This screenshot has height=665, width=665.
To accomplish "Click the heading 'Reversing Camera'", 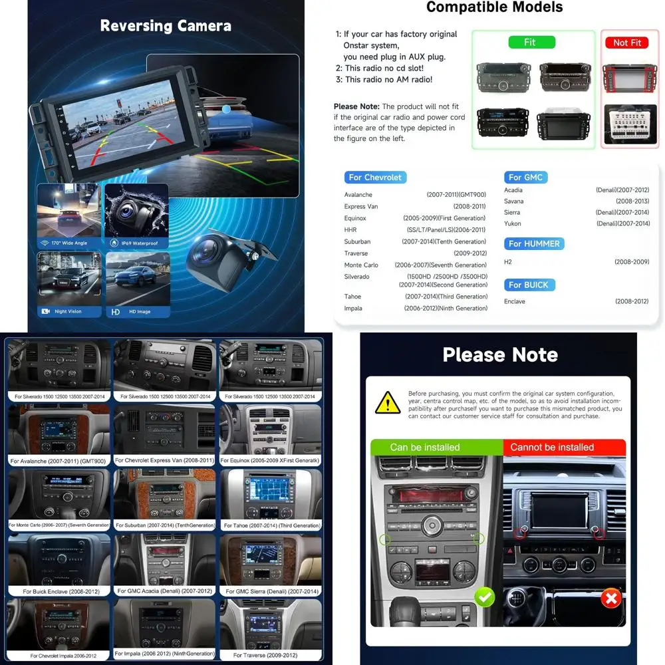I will (166, 26).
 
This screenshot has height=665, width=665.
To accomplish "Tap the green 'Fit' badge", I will (529, 42).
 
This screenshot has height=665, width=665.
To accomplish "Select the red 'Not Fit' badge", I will (626, 42).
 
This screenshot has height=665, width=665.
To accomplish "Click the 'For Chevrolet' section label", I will (375, 178).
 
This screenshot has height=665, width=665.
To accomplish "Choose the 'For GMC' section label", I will (525, 178).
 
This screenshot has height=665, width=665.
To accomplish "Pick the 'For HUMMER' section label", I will (534, 244).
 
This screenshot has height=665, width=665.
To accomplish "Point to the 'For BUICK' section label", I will (529, 285).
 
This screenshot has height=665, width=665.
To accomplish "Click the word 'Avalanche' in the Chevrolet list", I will (358, 195).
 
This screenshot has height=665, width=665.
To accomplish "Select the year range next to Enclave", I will (631, 301).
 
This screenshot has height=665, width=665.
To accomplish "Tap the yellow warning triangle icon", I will (387, 403).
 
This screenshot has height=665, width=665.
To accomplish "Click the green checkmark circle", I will (484, 597).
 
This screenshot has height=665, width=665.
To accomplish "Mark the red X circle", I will (610, 598).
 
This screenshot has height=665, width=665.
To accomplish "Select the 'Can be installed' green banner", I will (425, 447).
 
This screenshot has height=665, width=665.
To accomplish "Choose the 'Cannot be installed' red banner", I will (552, 447).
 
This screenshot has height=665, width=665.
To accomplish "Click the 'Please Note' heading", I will (500, 354).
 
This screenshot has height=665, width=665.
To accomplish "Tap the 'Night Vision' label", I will (69, 311).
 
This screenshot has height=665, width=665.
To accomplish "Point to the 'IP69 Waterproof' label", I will (139, 243).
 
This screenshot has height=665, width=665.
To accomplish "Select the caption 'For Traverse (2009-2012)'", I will (267, 655).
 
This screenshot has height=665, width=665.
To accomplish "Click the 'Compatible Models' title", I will (494, 7).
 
